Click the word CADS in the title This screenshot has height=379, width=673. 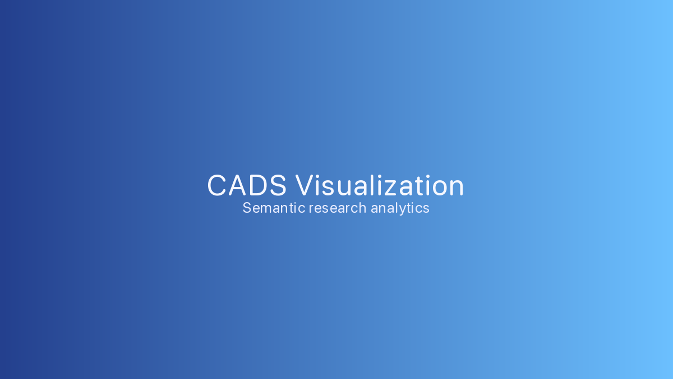[247, 186]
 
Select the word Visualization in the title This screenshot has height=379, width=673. [380, 186]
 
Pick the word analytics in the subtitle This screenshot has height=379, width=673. [400, 208]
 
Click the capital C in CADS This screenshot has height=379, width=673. [216, 186]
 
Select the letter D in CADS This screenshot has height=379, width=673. [257, 186]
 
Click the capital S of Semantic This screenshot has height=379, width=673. [247, 208]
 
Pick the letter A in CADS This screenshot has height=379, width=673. [237, 186]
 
